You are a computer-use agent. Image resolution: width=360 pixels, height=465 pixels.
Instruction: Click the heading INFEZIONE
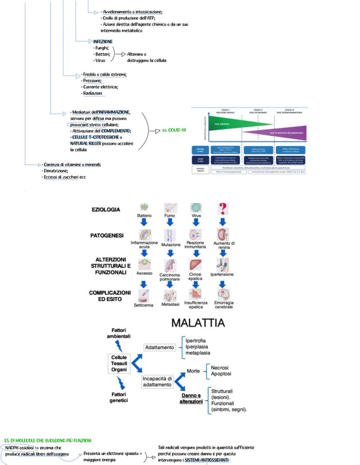[x=103, y=42]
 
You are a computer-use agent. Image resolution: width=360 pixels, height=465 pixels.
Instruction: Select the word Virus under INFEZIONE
[x=100, y=61]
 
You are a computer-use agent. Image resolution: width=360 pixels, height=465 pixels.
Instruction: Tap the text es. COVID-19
[x=174, y=130]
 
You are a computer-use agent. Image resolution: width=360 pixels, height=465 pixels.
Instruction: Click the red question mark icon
[x=223, y=209]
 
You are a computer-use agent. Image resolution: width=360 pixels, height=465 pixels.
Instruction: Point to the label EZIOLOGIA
[x=106, y=210]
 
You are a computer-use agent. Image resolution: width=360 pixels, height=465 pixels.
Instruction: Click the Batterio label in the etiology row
[x=144, y=216]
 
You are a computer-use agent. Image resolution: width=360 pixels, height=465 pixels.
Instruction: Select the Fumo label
[x=170, y=216]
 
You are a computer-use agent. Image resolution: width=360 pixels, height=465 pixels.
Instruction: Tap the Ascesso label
[x=144, y=274]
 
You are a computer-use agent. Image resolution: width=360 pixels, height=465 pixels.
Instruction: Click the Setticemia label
[x=144, y=305]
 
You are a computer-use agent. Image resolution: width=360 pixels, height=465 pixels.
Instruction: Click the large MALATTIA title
[x=198, y=323]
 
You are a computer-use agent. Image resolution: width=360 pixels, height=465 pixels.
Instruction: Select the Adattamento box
[x=159, y=347]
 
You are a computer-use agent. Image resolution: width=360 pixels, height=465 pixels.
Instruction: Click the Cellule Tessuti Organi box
[x=119, y=363]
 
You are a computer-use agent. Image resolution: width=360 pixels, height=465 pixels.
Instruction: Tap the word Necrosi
[x=220, y=368]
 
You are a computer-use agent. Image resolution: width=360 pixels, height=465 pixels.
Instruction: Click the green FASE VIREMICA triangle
[x=226, y=123]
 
